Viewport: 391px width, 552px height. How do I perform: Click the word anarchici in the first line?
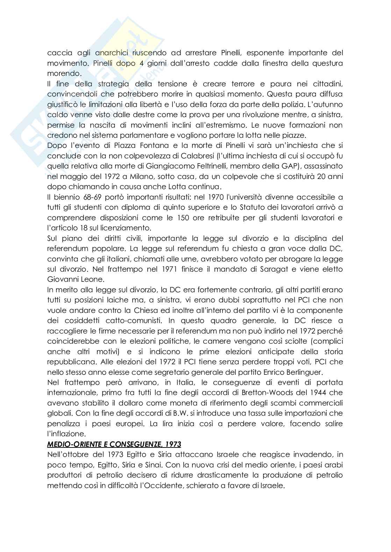point(112,53)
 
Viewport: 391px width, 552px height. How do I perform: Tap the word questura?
point(326,63)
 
